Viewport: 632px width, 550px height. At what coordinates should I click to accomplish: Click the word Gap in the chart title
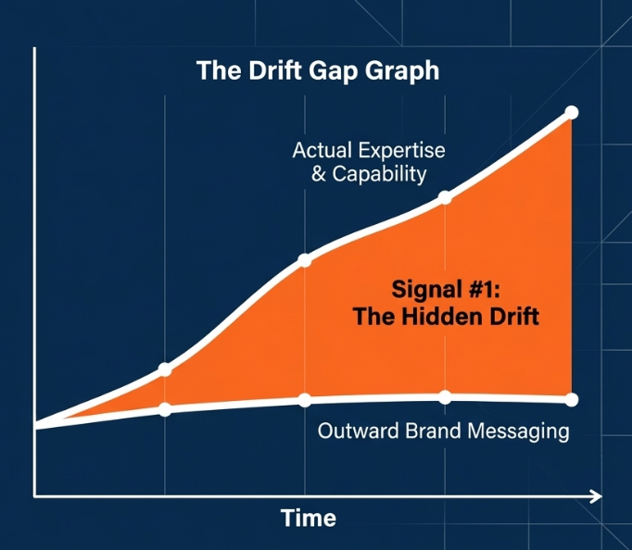pyautogui.click(x=334, y=71)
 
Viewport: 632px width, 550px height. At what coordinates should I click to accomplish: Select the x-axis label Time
pyautogui.click(x=309, y=518)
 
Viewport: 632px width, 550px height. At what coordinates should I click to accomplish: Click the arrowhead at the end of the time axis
pyautogui.click(x=597, y=496)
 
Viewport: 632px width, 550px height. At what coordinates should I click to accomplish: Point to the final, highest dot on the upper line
pyautogui.click(x=572, y=112)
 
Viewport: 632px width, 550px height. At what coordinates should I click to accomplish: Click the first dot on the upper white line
pyautogui.click(x=164, y=369)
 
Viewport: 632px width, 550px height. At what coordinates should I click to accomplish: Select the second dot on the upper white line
pyautogui.click(x=305, y=260)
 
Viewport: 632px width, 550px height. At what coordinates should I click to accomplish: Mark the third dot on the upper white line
pyautogui.click(x=445, y=198)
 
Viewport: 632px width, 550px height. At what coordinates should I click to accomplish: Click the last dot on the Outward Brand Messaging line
pyautogui.click(x=572, y=400)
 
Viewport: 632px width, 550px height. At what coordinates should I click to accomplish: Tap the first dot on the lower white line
pyautogui.click(x=164, y=409)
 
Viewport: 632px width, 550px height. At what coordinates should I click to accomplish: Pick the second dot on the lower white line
pyautogui.click(x=305, y=400)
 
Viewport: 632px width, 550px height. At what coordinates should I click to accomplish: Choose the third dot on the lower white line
pyautogui.click(x=445, y=397)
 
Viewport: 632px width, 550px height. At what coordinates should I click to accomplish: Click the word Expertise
pyautogui.click(x=401, y=152)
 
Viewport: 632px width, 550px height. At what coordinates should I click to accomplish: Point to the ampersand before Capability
pyautogui.click(x=319, y=174)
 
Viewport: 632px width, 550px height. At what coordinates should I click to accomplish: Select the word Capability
pyautogui.click(x=379, y=175)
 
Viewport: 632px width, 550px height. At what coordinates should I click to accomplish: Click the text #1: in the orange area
pyautogui.click(x=485, y=290)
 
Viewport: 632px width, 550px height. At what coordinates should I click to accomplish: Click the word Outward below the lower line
pyautogui.click(x=359, y=431)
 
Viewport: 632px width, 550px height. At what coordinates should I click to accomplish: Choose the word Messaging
pyautogui.click(x=518, y=432)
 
